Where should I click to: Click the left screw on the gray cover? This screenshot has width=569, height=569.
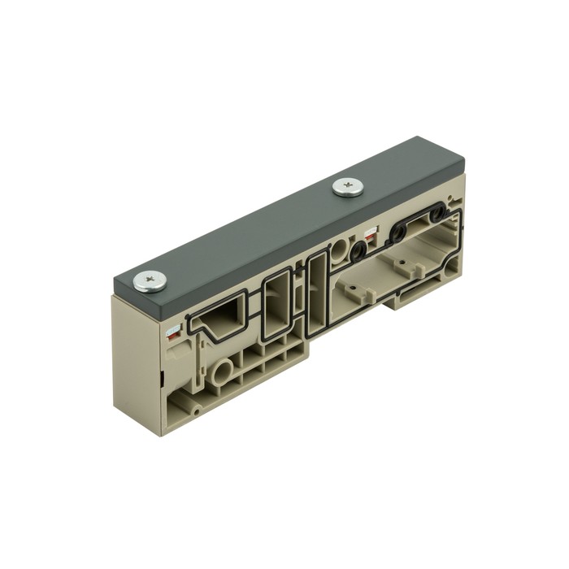150,281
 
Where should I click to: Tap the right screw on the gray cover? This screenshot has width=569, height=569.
347,188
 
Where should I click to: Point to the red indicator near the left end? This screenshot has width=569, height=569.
174,332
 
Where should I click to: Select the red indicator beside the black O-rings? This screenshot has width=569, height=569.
371,236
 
